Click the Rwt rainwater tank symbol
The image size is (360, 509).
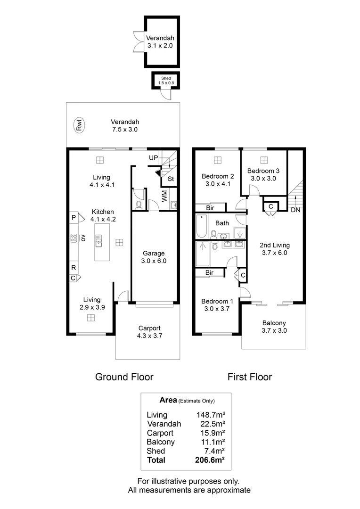(79, 125)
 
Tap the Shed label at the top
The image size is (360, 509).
(166, 78)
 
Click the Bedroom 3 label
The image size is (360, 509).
(263, 174)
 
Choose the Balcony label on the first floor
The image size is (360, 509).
(274, 327)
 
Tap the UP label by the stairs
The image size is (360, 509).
(154, 157)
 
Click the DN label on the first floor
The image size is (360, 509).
(295, 210)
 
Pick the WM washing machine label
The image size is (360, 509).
(164, 196)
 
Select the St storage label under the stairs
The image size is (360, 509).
(170, 179)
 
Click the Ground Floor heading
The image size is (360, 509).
(124, 377)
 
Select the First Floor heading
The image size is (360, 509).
(250, 377)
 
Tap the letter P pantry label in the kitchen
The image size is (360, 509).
(74, 218)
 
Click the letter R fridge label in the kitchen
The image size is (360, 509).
(74, 268)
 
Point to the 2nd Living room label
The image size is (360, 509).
(275, 249)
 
